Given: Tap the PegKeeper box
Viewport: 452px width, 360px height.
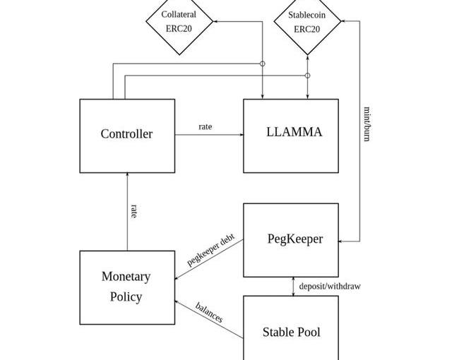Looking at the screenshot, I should pos(291,240).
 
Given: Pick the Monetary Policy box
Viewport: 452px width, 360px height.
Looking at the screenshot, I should pos(127,287).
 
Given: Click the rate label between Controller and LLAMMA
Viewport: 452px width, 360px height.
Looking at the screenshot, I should pos(205,127).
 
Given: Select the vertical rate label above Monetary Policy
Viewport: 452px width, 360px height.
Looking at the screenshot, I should pos(134,210).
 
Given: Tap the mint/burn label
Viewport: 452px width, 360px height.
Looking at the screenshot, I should pos(367,124).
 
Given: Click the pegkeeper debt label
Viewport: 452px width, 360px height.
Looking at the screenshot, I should pos(210,251).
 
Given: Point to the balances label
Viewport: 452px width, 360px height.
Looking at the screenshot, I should pos(209,312).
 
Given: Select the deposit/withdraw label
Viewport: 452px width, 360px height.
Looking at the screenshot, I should pos(330,286).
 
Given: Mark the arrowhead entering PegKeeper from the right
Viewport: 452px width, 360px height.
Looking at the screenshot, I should pos(342,241).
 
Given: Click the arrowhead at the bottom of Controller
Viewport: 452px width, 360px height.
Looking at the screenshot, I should pos(127,175).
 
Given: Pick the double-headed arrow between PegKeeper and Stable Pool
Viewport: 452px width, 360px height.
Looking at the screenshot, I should pos(294,286).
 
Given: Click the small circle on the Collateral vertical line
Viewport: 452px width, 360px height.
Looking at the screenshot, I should pos(263,64).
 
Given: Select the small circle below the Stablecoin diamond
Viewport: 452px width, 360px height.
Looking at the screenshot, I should pos(307,75).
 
